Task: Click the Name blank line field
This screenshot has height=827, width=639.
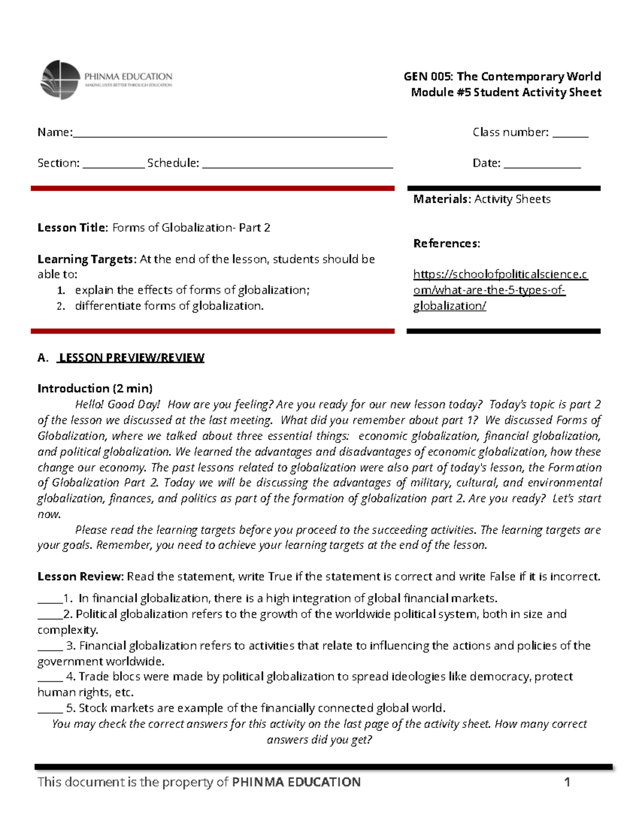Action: [230, 136]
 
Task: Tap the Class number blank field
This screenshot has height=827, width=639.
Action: [570, 136]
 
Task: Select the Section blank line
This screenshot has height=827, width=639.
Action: [113, 167]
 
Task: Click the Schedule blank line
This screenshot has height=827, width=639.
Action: [298, 167]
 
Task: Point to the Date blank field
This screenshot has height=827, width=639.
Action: [542, 167]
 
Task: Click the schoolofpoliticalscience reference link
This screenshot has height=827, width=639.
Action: [500, 290]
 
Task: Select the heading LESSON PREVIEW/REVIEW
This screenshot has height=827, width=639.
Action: [132, 357]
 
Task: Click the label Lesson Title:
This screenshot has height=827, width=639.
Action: [72, 228]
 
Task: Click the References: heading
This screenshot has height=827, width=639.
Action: [446, 243]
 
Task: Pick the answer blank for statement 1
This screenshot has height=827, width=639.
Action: [50, 602]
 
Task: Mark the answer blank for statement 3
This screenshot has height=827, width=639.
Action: [50, 649]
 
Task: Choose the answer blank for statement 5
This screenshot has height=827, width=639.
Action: [50, 711]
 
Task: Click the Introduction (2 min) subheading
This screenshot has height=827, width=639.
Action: [95, 388]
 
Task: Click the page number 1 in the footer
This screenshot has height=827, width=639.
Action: [567, 782]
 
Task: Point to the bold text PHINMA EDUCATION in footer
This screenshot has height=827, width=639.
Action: [297, 782]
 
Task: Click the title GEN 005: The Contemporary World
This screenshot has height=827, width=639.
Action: [502, 76]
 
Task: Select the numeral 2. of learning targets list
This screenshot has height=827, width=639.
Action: [61, 306]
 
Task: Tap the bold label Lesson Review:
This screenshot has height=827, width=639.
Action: [80, 576]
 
